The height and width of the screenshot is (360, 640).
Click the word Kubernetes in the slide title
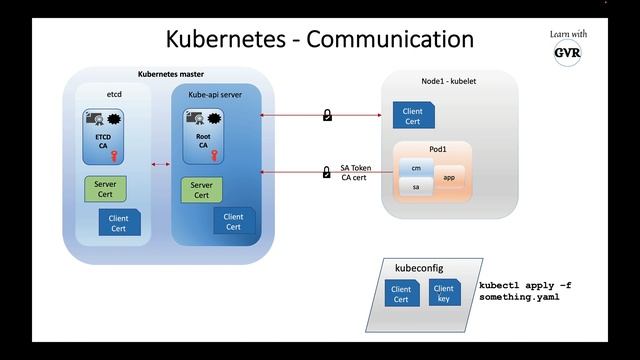(x=229, y=39)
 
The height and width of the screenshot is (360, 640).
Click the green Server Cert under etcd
(x=104, y=189)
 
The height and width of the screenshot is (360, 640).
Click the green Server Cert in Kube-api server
(x=202, y=189)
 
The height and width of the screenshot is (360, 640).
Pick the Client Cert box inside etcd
(x=119, y=222)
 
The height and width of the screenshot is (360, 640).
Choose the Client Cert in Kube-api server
(x=233, y=221)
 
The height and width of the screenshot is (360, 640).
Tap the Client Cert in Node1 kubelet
(x=412, y=117)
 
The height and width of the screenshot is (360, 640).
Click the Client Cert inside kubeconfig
(x=401, y=294)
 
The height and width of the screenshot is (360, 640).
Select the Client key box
(x=444, y=294)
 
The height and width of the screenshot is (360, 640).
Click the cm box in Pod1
(x=415, y=169)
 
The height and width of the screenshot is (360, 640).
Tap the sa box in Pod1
(x=415, y=186)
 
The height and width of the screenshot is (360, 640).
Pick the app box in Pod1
(x=449, y=177)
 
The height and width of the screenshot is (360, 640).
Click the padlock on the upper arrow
(x=326, y=116)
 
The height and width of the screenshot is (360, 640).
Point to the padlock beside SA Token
(x=326, y=172)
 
